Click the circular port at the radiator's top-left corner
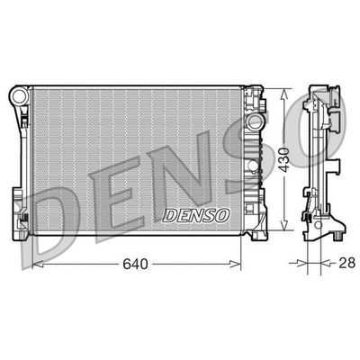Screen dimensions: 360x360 coord(18,94)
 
